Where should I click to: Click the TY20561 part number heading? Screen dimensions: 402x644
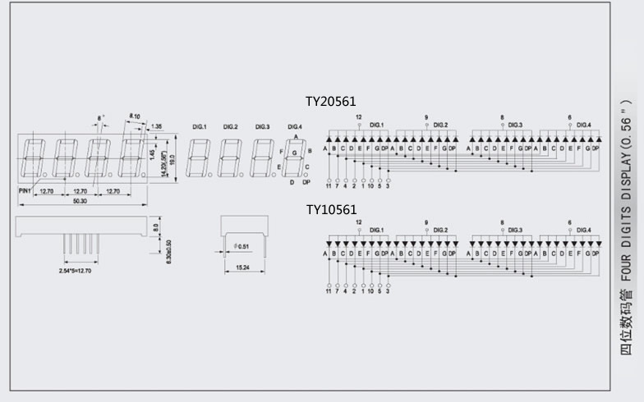click(x=332, y=102)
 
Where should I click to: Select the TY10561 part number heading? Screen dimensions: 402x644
click(x=332, y=209)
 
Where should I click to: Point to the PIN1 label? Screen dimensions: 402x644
click(x=25, y=190)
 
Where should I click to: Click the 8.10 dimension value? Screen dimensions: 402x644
click(x=135, y=116)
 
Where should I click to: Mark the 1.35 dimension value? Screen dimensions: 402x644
click(x=156, y=126)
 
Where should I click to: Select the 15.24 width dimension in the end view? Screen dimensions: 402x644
click(x=243, y=267)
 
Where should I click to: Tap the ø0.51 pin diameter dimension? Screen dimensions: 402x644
click(x=242, y=245)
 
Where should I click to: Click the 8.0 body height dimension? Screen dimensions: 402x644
click(x=156, y=225)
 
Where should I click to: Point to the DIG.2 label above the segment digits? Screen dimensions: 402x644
click(x=230, y=126)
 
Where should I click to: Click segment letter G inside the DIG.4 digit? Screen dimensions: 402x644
click(x=295, y=153)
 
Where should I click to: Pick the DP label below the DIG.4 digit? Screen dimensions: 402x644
click(x=306, y=182)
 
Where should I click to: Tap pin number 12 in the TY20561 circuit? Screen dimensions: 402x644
click(x=359, y=117)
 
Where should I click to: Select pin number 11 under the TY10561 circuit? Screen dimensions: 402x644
click(x=328, y=290)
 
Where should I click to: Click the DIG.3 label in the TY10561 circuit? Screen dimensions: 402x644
click(x=514, y=231)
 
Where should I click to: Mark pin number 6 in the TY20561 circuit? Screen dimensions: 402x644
click(x=569, y=117)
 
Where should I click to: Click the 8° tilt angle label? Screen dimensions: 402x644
click(x=101, y=117)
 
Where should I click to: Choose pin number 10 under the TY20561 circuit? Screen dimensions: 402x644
click(x=370, y=185)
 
